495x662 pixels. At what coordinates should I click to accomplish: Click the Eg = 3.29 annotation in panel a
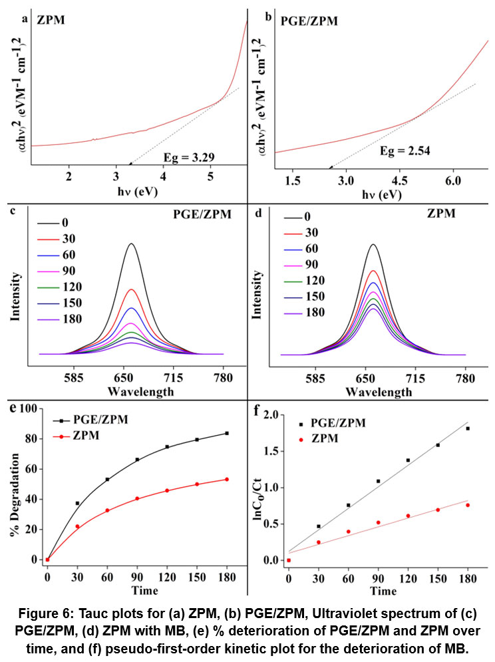(x=192, y=158)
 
